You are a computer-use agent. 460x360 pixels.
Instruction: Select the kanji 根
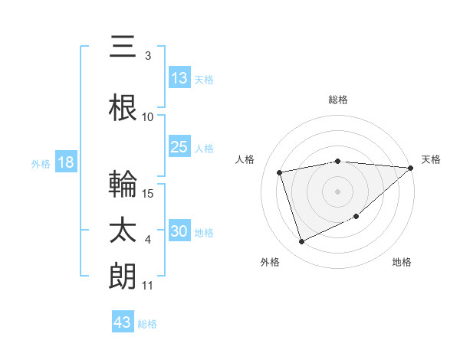click(123, 109)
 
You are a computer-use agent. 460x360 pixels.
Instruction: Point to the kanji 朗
click(123, 277)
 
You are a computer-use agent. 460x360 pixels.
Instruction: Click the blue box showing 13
click(179, 78)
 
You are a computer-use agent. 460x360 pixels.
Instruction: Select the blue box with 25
click(179, 147)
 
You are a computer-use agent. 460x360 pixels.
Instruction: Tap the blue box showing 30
click(179, 232)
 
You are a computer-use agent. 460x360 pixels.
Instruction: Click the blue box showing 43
click(123, 322)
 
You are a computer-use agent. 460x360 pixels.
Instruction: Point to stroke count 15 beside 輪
click(149, 193)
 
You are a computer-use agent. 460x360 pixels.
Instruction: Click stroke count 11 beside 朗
click(148, 286)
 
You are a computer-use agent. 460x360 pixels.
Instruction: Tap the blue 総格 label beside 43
click(147, 324)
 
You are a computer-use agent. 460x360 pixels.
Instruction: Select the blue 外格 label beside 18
click(40, 164)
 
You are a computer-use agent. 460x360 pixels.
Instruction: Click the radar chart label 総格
click(338, 100)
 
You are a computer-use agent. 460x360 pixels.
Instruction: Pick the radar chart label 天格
click(431, 159)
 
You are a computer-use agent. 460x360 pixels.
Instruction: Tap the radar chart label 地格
click(402, 262)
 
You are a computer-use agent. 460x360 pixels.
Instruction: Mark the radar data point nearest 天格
click(410, 168)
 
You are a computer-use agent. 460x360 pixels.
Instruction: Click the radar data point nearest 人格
click(280, 172)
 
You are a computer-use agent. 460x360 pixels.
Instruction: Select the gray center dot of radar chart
click(338, 191)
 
